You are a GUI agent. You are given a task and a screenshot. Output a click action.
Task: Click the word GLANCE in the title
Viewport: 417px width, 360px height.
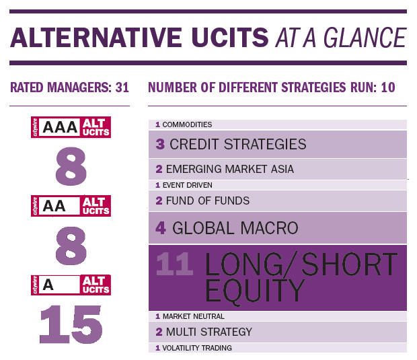pos(365,38)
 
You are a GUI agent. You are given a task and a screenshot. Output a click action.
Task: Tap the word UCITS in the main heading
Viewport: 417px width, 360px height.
pos(230,38)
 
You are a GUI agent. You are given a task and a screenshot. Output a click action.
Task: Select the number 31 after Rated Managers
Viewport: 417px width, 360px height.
pos(122,87)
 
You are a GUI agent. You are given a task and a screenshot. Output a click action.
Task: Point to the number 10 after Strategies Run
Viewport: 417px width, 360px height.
pos(388,87)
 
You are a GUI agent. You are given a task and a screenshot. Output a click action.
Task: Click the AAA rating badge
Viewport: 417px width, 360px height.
pos(71,127)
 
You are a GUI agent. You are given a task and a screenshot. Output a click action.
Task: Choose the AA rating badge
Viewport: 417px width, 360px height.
pos(71,206)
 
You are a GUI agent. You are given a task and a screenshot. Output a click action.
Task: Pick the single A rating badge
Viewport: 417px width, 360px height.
pos(71,285)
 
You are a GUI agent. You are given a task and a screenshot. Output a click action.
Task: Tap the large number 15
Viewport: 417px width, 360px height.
pos(71,324)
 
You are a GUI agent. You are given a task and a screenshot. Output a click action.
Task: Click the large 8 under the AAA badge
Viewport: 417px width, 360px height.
pos(71,167)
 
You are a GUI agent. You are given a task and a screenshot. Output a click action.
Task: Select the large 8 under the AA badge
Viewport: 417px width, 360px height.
pos(71,246)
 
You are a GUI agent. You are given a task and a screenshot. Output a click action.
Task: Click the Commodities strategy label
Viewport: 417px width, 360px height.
pos(187,124)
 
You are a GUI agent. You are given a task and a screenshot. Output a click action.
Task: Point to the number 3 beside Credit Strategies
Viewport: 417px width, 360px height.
pos(160,144)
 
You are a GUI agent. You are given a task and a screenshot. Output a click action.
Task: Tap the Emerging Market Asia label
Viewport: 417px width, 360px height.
pos(230,169)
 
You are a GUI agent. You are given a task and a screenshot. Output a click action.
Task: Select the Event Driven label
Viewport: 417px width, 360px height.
pos(188,185)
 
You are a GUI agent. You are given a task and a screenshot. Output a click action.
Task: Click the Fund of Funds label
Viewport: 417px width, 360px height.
pos(208,201)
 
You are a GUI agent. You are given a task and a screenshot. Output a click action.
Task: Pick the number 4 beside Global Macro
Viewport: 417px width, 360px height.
pos(161,228)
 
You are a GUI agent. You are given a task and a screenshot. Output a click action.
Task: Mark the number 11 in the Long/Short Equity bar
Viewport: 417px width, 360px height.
pos(174,264)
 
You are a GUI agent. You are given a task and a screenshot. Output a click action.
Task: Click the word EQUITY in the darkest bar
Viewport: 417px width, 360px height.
pos(255,291)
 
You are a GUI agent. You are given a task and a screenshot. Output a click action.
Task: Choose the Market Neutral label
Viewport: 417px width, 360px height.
pos(194,316)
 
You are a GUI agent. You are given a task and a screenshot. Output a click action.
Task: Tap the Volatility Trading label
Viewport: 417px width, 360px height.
pos(197,348)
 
